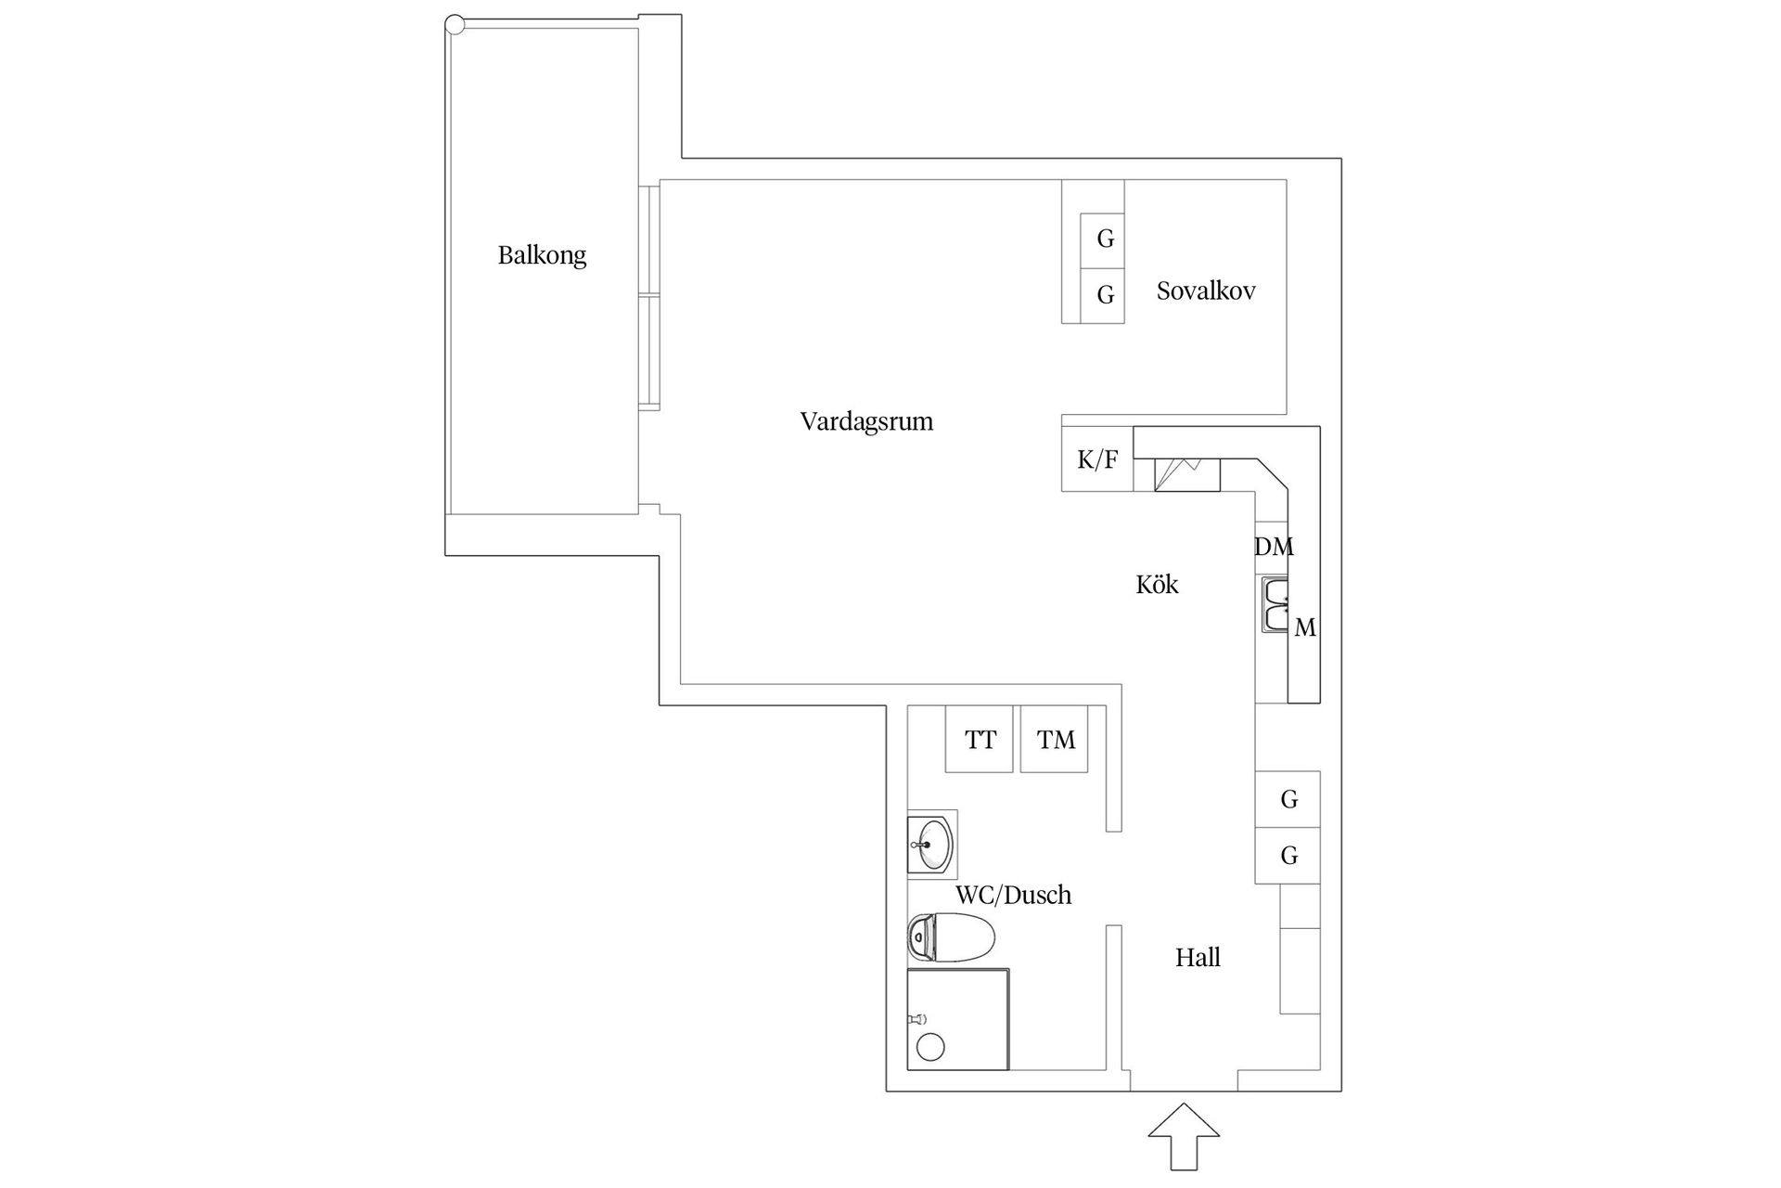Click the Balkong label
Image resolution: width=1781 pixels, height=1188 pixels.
pos(542,255)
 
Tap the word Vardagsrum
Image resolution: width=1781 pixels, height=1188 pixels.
pos(866,421)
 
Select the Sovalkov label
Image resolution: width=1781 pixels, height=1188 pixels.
pos(1206,291)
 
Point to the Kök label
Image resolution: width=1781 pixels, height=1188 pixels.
pos(1157,584)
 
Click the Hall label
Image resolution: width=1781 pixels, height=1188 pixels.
pos(1198,958)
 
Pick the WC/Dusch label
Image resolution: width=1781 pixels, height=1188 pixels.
pos(1013,895)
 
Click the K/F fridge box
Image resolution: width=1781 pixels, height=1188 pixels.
pos(1097,458)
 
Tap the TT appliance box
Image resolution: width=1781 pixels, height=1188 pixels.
pos(980,739)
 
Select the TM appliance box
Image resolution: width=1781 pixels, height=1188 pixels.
pos(1055,739)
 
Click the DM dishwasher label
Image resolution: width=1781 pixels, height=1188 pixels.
pos(1274,547)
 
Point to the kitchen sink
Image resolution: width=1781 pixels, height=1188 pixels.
pos(1275,604)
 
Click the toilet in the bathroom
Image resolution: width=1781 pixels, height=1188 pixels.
pos(951,937)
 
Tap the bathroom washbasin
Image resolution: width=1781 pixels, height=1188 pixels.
pos(932,845)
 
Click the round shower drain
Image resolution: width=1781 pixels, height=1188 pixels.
pos(930,1047)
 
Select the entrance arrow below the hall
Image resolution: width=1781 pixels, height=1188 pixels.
pos(1183,1136)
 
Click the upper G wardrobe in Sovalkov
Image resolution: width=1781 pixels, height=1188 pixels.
pos(1103,240)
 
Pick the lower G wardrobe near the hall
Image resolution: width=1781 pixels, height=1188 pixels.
pos(1288,855)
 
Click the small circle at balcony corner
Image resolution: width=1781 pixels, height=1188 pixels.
pos(455,25)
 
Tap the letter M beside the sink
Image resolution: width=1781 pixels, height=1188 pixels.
pos(1305,628)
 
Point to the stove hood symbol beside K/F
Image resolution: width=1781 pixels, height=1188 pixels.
pos(1186,474)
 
